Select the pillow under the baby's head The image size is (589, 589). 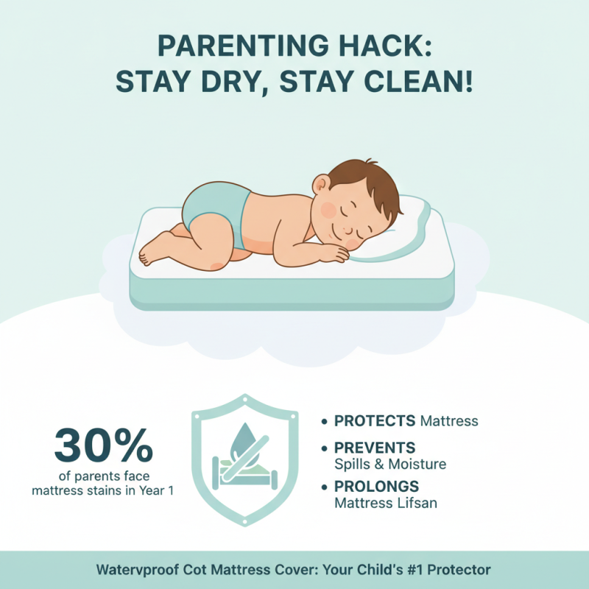pos(412,221)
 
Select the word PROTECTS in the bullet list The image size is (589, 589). pos(375,421)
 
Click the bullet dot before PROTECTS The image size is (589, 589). pos(325,422)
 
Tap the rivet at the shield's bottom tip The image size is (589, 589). pos(244,524)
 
